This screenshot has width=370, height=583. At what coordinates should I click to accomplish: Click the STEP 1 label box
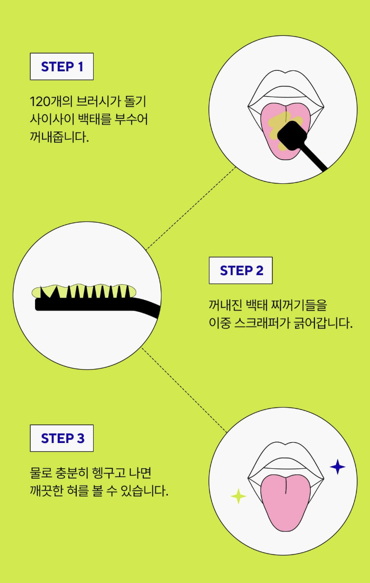coord(62,66)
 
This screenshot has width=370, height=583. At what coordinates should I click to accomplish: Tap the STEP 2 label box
coord(240,270)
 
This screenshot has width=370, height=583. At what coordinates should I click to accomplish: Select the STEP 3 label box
coord(62,438)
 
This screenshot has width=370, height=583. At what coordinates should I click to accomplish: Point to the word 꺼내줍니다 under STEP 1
coord(58,136)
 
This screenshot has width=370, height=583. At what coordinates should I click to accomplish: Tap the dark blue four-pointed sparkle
coord(338,466)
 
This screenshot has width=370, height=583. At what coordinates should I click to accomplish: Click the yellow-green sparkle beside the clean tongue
coord(238,496)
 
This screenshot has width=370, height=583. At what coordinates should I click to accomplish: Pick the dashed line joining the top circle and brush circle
coord(191,208)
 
